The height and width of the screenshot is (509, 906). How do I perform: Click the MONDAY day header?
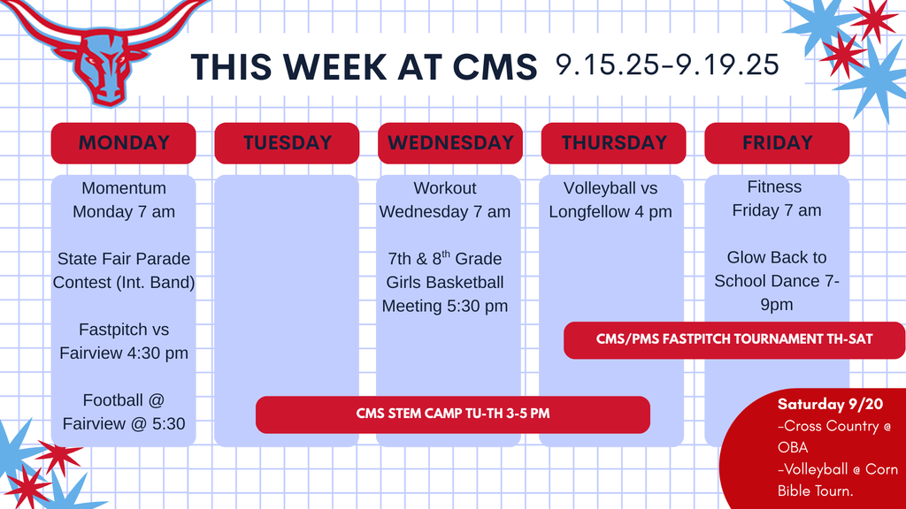point(123,143)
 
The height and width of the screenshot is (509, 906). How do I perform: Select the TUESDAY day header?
point(287,143)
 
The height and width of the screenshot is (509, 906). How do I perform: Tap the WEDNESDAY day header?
point(450,143)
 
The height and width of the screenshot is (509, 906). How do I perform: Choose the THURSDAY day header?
point(614,143)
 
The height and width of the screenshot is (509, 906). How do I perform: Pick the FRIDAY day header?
point(777,143)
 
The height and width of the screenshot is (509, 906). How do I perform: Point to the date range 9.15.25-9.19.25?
point(667,65)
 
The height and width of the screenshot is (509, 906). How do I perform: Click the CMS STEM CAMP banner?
point(452,414)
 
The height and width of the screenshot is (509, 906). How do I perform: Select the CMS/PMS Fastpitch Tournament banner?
point(733,339)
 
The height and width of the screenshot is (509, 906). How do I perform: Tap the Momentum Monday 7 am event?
point(124,200)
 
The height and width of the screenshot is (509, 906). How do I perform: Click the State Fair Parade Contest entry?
point(124,270)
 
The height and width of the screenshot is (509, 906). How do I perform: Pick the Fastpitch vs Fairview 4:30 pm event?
point(124,341)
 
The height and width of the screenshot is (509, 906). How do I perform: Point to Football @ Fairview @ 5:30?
point(124,412)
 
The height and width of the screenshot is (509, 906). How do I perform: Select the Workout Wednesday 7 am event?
point(445,200)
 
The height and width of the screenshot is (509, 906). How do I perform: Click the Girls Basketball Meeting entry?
point(445,282)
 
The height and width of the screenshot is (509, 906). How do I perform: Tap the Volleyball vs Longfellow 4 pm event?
point(610,200)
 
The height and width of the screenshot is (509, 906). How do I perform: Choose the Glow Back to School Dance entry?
point(777,281)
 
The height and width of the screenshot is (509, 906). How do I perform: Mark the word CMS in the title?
point(492,66)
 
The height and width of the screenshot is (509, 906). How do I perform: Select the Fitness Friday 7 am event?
point(775,198)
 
